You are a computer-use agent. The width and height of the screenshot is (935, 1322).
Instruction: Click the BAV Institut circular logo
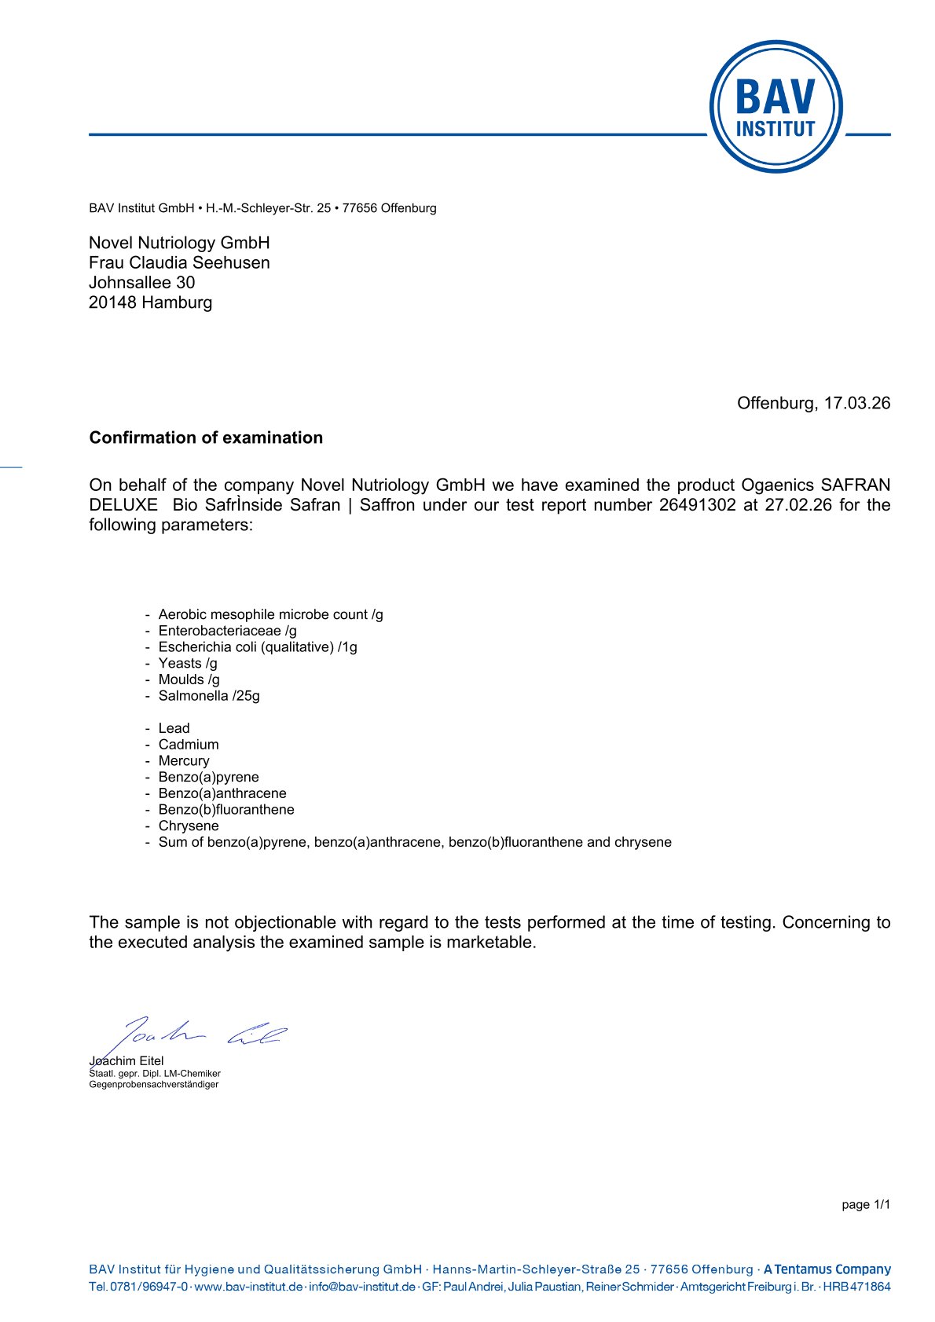[x=775, y=107]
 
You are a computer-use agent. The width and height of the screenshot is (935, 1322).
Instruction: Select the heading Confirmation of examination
[x=206, y=438]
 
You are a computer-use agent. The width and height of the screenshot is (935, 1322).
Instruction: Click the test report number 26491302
[x=697, y=504]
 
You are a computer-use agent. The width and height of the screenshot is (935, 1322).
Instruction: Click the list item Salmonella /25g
[x=209, y=696]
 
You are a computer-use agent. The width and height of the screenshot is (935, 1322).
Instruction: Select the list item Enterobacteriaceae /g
[x=227, y=631]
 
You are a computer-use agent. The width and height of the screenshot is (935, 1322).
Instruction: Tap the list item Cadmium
[x=189, y=745]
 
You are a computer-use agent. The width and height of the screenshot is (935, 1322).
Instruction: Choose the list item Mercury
[x=184, y=761]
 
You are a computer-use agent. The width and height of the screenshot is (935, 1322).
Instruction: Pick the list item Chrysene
[x=189, y=826]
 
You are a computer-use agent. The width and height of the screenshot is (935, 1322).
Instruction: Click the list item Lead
[x=174, y=728]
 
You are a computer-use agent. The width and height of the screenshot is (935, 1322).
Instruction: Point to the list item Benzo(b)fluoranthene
[x=226, y=810]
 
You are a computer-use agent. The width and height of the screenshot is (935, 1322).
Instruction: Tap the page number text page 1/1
[x=865, y=1205]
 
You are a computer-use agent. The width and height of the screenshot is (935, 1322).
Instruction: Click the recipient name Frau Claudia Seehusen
[x=179, y=262]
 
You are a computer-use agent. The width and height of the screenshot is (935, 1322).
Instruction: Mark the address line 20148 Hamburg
[x=150, y=302]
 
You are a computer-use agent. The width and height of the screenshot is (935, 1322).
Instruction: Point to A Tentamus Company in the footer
[x=827, y=1269]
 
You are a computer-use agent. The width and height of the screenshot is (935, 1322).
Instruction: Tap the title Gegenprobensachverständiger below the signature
[x=153, y=1085]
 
